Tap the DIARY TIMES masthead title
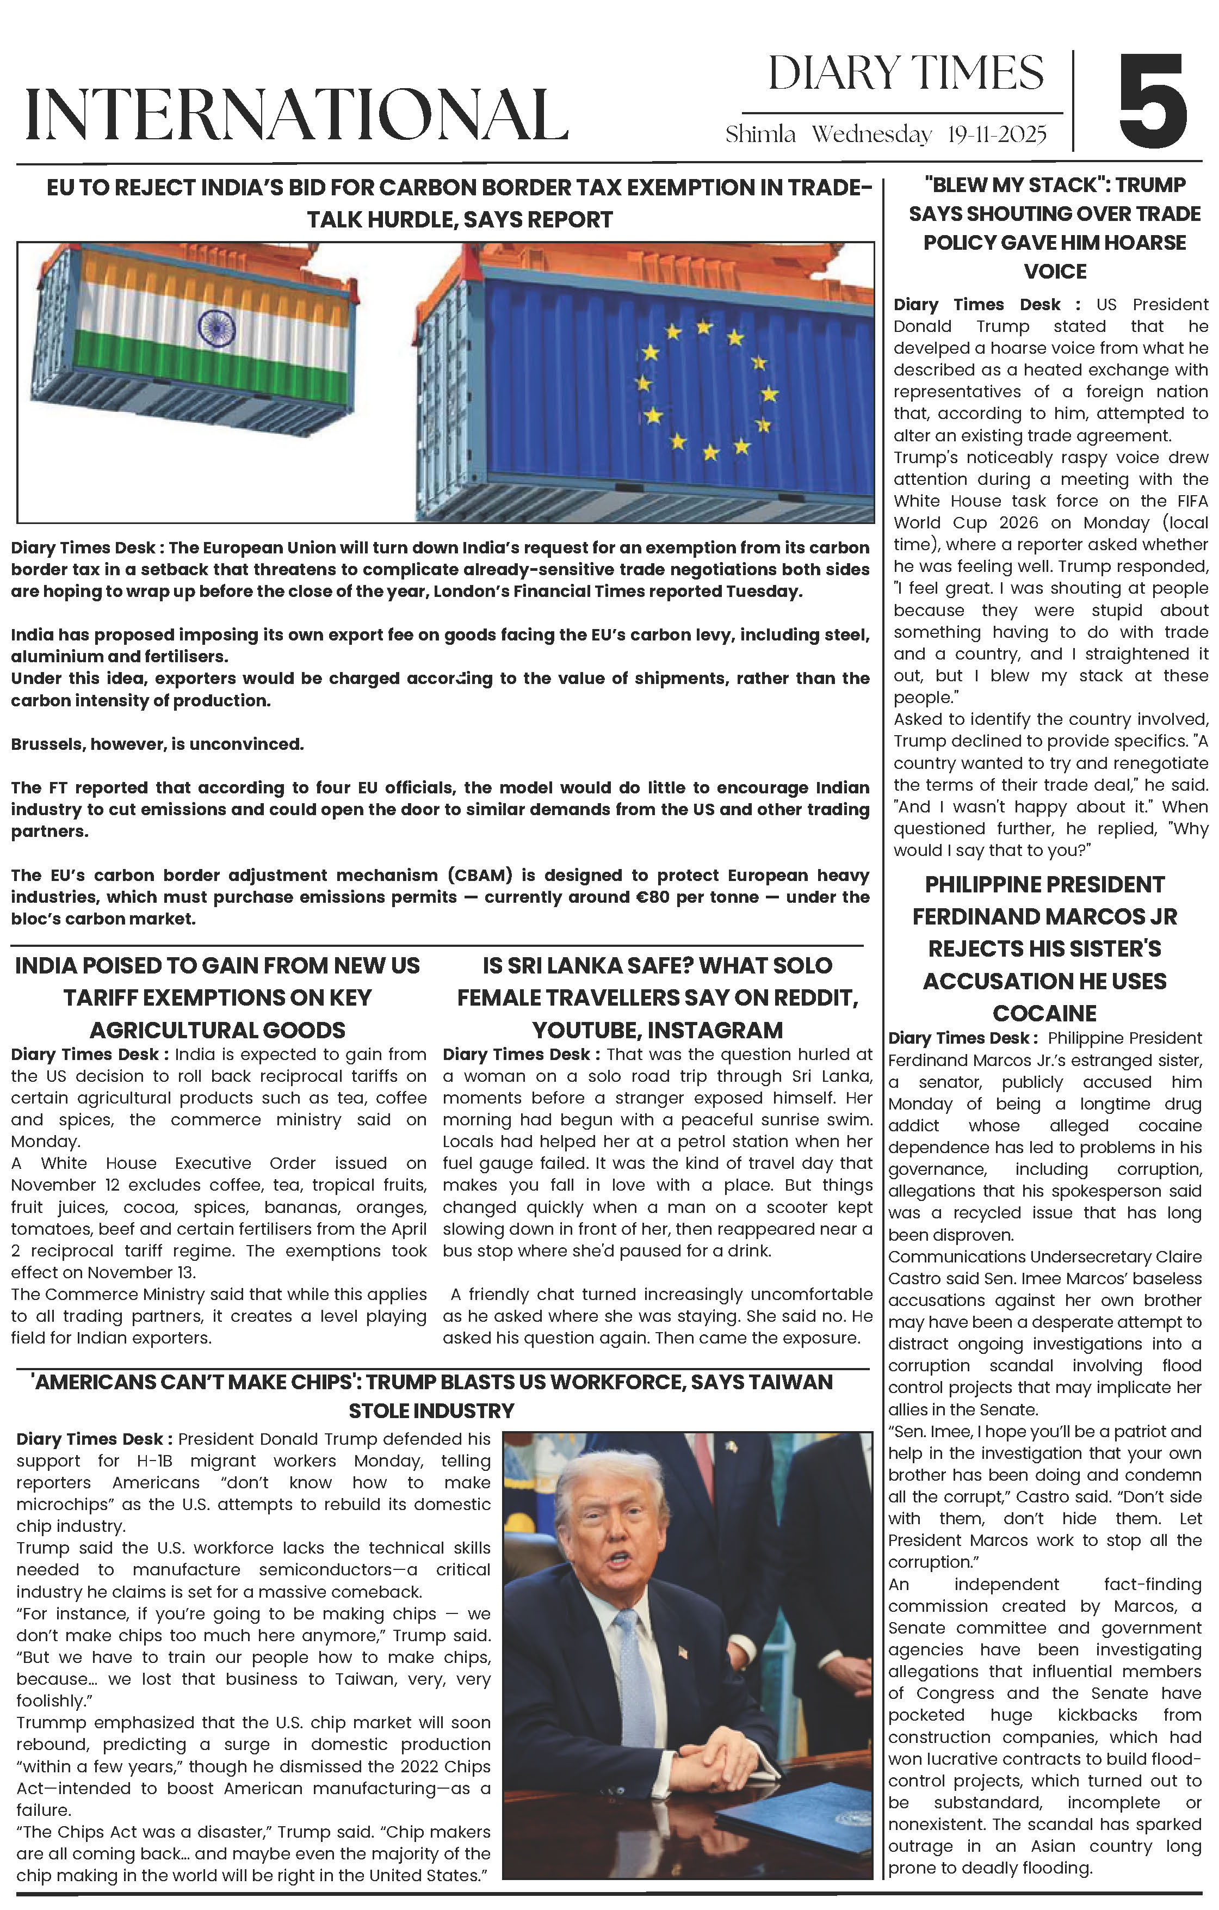(906, 74)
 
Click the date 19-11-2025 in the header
(997, 135)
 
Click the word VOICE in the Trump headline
(1055, 272)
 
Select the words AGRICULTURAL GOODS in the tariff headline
(218, 1030)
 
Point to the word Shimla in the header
(760, 135)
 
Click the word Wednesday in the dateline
(871, 135)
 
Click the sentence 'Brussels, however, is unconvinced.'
(157, 744)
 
